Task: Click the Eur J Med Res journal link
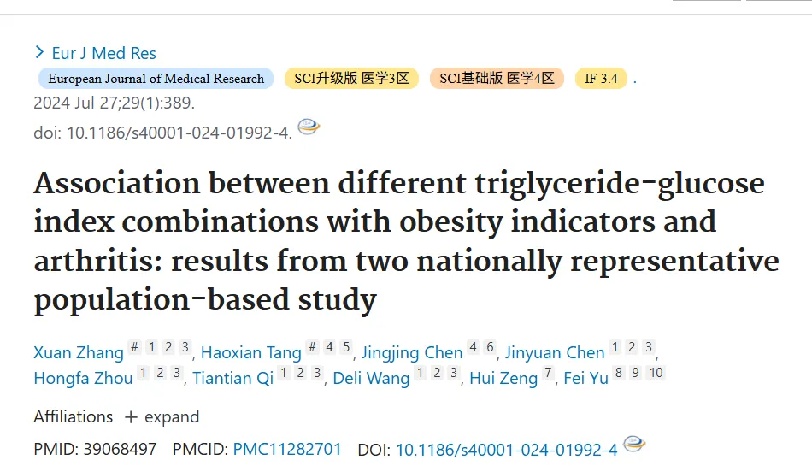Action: pos(103,53)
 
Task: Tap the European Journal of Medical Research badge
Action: pos(156,78)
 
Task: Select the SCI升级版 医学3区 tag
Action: pos(351,78)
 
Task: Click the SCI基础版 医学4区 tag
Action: pos(497,78)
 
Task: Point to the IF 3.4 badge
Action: pos(601,78)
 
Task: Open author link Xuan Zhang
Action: pos(79,352)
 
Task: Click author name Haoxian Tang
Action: pos(250,352)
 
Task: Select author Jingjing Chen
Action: pos(412,352)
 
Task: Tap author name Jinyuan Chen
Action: pos(555,352)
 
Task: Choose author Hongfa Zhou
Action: pos(83,378)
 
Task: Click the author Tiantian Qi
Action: pos(233,378)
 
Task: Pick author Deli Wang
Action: pos(371,378)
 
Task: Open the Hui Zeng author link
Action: pos(503,378)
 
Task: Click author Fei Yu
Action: pos(585,378)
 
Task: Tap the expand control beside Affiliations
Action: pos(162,416)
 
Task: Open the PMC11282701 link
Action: pos(287,449)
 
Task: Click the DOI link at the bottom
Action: pos(507,450)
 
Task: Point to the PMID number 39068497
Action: pos(121,449)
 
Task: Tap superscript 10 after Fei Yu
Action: pos(656,372)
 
